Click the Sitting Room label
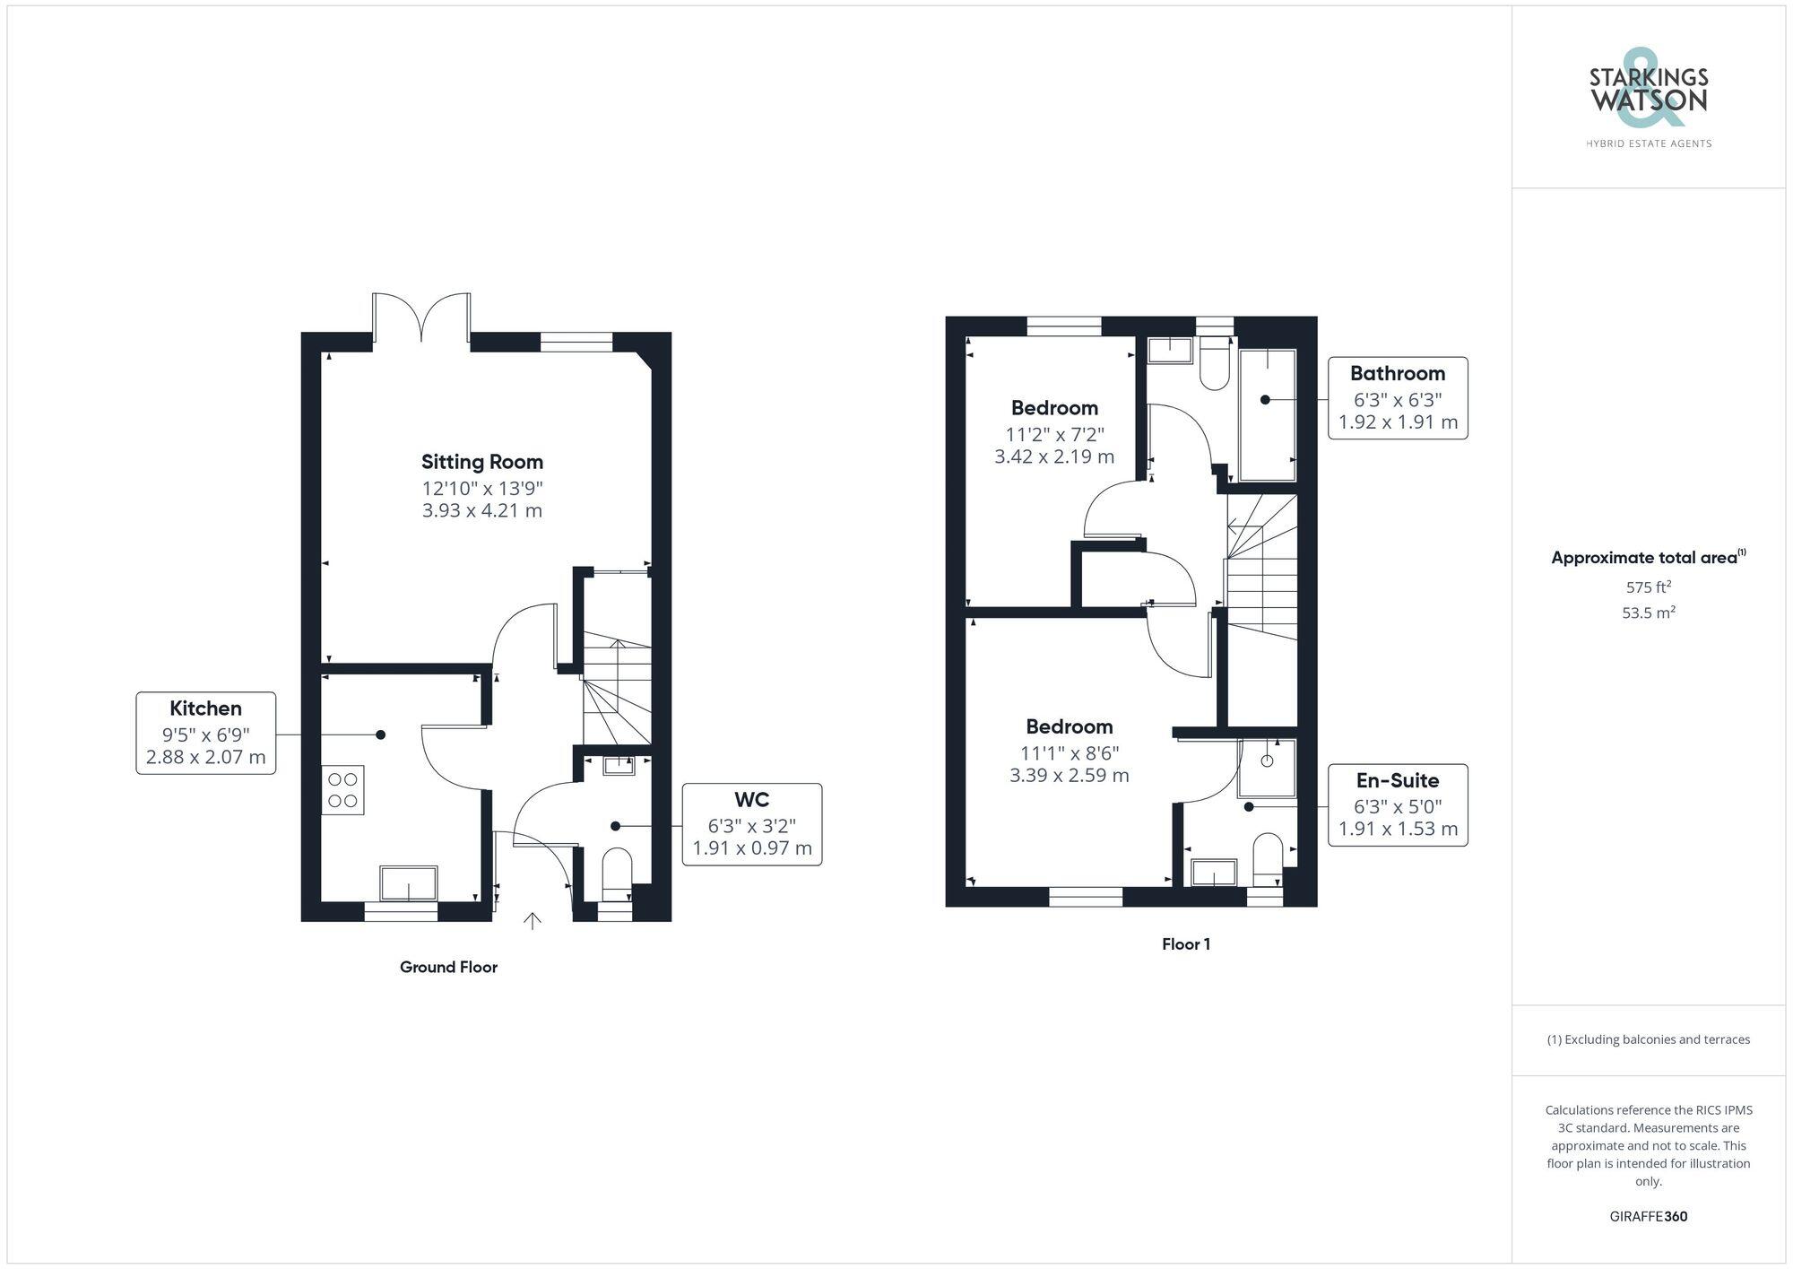click(x=482, y=462)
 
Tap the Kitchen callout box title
click(x=205, y=708)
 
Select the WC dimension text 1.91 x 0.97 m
click(x=751, y=847)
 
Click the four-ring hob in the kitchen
click(x=342, y=790)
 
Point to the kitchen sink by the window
click(x=409, y=882)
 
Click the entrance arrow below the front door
click(x=533, y=921)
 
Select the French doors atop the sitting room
click(x=421, y=317)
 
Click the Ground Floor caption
click(x=448, y=967)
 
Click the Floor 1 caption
click(x=1185, y=944)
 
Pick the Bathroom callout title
click(x=1397, y=373)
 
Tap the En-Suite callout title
click(x=1397, y=780)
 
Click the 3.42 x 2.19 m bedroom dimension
click(x=1054, y=456)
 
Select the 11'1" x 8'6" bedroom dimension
click(x=1069, y=753)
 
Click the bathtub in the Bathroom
click(x=1267, y=414)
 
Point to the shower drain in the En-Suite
click(x=1267, y=761)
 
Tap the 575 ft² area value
click(x=1648, y=587)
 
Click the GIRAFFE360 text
click(x=1648, y=1217)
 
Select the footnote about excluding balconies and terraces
click(x=1648, y=1039)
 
